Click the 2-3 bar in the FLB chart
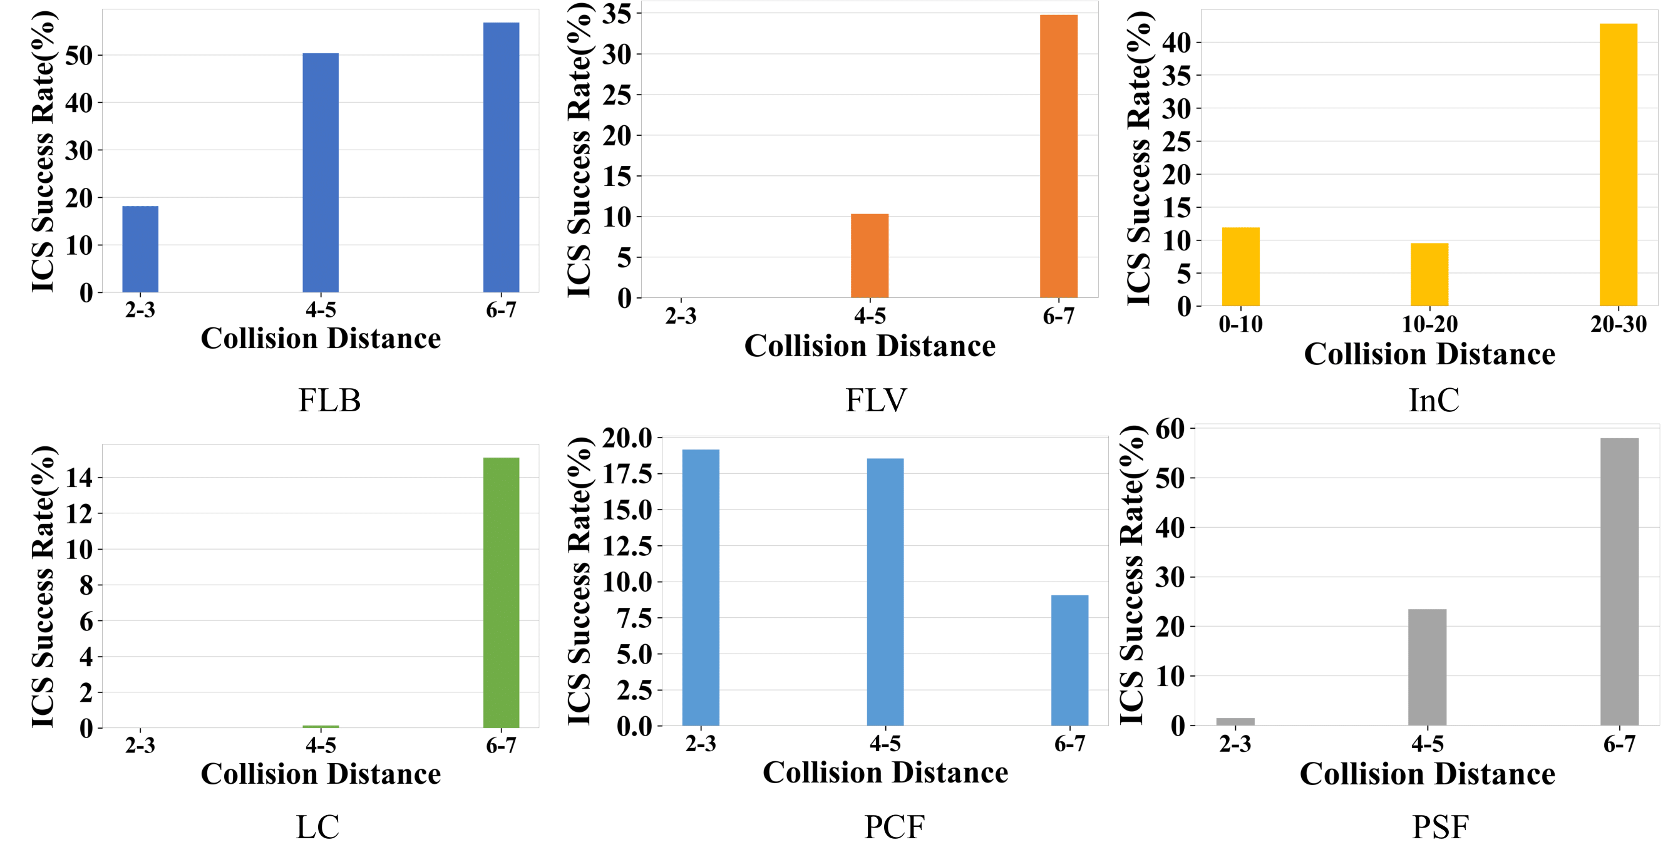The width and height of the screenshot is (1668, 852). click(x=140, y=249)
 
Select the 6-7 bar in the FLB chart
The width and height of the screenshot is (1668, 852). click(x=501, y=157)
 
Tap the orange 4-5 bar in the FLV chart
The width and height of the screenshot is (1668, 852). click(x=870, y=256)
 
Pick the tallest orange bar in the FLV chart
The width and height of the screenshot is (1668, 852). click(x=1059, y=156)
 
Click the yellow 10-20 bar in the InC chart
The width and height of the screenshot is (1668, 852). click(x=1429, y=274)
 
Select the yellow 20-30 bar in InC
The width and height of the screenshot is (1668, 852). click(x=1618, y=165)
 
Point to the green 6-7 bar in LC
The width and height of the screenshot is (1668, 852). click(x=501, y=592)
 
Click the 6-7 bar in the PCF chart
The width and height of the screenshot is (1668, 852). click(x=1069, y=660)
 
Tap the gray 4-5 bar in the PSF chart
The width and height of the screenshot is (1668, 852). click(x=1427, y=667)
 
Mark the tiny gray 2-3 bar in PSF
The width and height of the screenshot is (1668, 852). click(x=1235, y=721)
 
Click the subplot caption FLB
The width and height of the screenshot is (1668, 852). click(x=329, y=400)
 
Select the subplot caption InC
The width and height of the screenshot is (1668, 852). click(x=1434, y=400)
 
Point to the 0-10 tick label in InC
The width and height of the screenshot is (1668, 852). click(x=1240, y=324)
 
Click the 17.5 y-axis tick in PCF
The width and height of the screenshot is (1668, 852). click(x=627, y=474)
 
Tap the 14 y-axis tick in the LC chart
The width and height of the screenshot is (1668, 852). click(x=79, y=478)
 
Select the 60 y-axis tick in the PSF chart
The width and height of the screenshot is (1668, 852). click(x=1170, y=429)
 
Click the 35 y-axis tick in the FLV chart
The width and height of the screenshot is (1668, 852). click(x=617, y=14)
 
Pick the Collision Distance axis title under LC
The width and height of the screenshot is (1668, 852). click(x=321, y=774)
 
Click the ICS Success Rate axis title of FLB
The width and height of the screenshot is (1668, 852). click(x=44, y=152)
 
